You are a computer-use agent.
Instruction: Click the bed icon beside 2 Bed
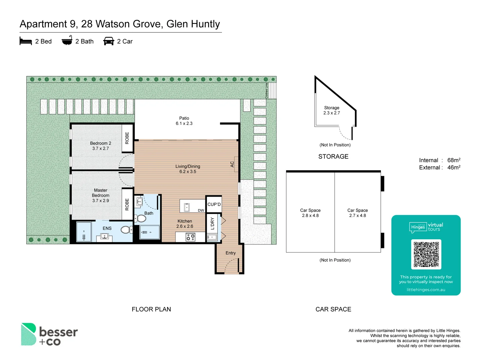coord(26,41)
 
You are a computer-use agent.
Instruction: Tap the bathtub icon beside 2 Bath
coord(67,40)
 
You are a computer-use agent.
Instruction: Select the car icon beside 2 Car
coord(109,41)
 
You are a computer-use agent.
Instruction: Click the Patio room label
coord(184,118)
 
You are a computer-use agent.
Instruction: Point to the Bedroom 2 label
coord(100,143)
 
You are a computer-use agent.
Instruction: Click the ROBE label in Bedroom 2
coord(127,138)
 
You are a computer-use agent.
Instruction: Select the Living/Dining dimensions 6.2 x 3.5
coord(188,172)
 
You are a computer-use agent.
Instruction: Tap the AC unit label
coord(232,164)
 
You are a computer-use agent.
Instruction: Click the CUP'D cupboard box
coord(214,204)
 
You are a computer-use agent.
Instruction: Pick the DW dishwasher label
coord(201,210)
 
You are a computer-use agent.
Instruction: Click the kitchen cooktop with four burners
coord(190,237)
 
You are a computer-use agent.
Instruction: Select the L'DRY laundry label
coord(212,224)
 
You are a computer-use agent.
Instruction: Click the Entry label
coord(230,253)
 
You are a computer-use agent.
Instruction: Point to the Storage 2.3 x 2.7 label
coord(332,110)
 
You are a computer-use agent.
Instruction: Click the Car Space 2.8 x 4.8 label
coord(310,213)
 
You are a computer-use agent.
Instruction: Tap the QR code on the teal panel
coord(426,254)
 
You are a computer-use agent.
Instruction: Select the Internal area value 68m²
coord(454,160)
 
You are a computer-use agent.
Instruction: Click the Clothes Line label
coord(267,91)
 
